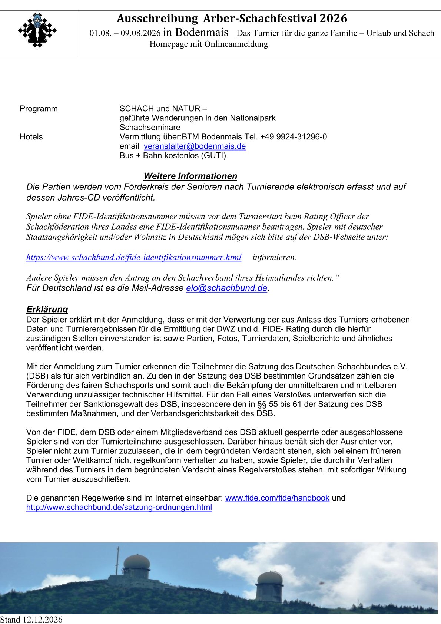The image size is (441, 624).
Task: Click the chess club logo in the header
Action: click(x=37, y=31)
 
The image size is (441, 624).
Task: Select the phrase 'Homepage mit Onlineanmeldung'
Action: click(x=208, y=44)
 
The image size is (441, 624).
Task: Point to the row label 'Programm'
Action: click(x=39, y=109)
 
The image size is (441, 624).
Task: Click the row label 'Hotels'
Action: click(x=31, y=137)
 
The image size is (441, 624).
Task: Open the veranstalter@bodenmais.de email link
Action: click(x=195, y=146)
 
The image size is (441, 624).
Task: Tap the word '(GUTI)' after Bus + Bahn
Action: click(x=213, y=156)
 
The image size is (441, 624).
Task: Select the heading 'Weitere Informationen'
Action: click(x=190, y=176)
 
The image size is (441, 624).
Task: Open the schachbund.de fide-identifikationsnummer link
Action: click(x=133, y=257)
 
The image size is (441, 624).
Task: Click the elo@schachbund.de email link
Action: click(x=226, y=288)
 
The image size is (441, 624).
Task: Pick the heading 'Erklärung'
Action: click(x=47, y=309)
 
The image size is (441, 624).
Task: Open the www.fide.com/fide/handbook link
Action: click(x=277, y=498)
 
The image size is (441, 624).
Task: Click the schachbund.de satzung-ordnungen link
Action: click(x=119, y=507)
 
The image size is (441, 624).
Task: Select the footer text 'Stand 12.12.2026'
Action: click(x=31, y=620)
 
